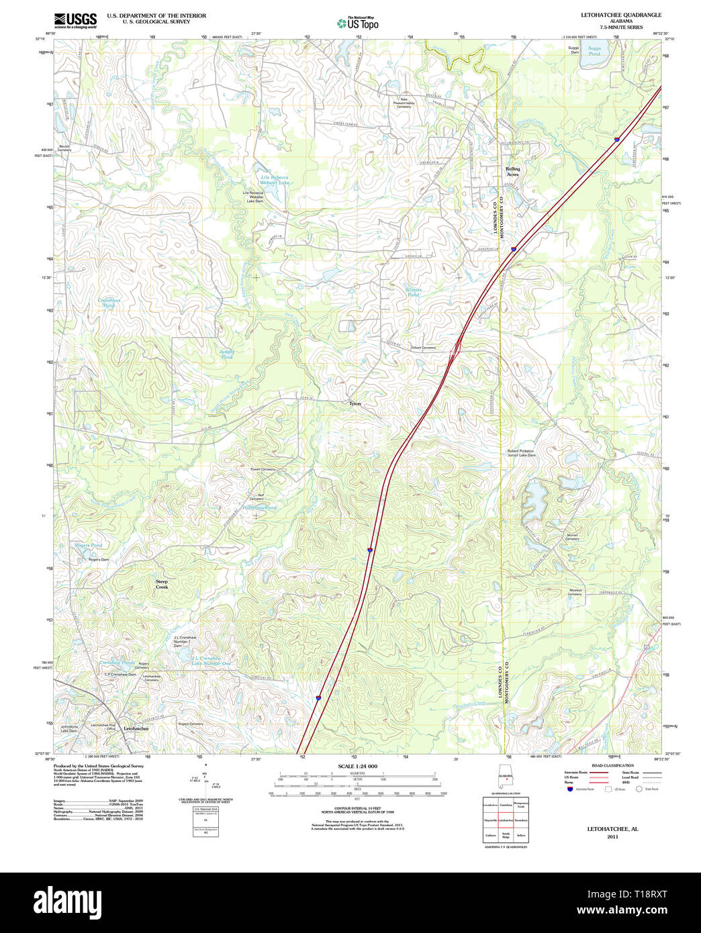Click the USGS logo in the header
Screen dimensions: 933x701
[x=75, y=19]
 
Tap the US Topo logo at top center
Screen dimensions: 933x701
[x=358, y=23]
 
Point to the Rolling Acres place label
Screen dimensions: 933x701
[x=512, y=172]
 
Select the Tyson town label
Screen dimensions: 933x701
[x=355, y=404]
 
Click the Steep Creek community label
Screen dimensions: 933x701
[x=162, y=584]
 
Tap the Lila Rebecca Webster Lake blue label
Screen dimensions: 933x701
[x=275, y=180]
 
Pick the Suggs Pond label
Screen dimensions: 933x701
[x=594, y=51]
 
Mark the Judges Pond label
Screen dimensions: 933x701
[x=227, y=354]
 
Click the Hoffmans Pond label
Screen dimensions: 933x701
[x=260, y=508]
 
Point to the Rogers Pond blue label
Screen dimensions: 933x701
[x=89, y=546]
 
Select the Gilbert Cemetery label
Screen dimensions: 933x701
[x=423, y=348]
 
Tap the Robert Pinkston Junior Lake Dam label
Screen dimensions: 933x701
[x=521, y=453]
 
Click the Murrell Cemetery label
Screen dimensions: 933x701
[x=571, y=537]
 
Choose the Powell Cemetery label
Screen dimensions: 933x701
[x=263, y=469]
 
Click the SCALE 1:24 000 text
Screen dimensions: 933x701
[x=357, y=767]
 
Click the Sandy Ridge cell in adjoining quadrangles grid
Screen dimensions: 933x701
[x=505, y=834]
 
